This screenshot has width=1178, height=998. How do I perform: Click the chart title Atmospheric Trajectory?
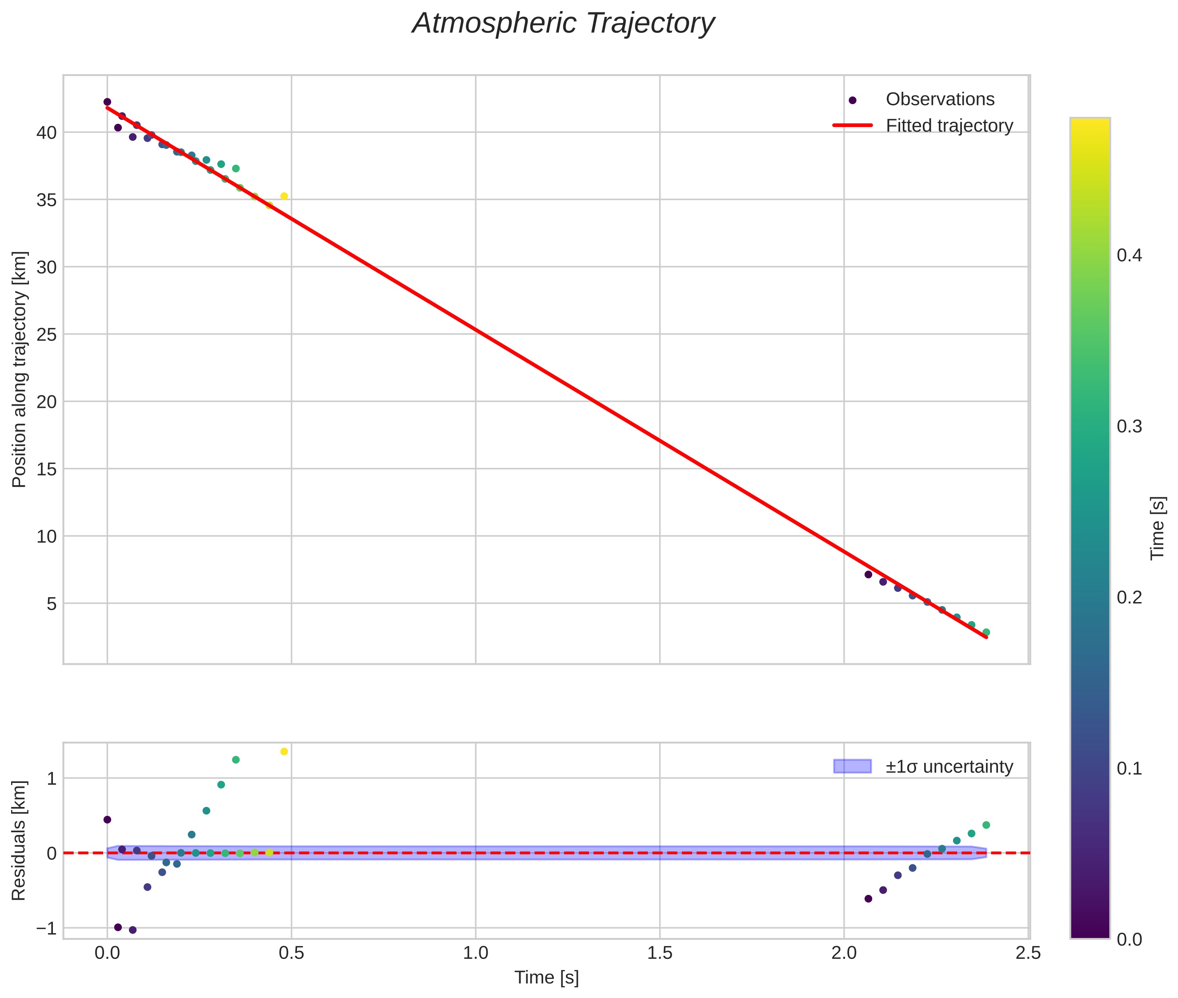pos(563,24)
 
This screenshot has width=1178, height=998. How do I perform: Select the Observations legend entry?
pos(939,100)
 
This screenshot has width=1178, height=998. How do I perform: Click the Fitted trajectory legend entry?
pos(949,126)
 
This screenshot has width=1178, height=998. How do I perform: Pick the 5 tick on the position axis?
pos(52,604)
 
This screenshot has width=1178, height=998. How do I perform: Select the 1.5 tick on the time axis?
pos(660,953)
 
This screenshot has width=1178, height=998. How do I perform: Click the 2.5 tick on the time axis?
pos(1028,953)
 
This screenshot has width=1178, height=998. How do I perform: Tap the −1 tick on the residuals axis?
pos(46,928)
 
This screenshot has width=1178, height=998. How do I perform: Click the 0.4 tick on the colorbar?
pos(1129,255)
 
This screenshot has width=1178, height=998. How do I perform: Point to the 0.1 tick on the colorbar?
pos(1129,768)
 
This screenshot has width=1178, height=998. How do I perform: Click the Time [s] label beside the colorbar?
pos(1158,528)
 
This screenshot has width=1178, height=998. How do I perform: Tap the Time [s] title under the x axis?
pos(546,978)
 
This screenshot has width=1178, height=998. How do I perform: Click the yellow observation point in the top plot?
pos(284,196)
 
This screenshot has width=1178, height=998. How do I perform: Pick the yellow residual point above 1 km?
pos(284,751)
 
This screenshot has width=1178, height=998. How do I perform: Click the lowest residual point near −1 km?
pos(132,930)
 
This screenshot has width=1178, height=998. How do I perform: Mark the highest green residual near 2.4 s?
pos(986,825)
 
